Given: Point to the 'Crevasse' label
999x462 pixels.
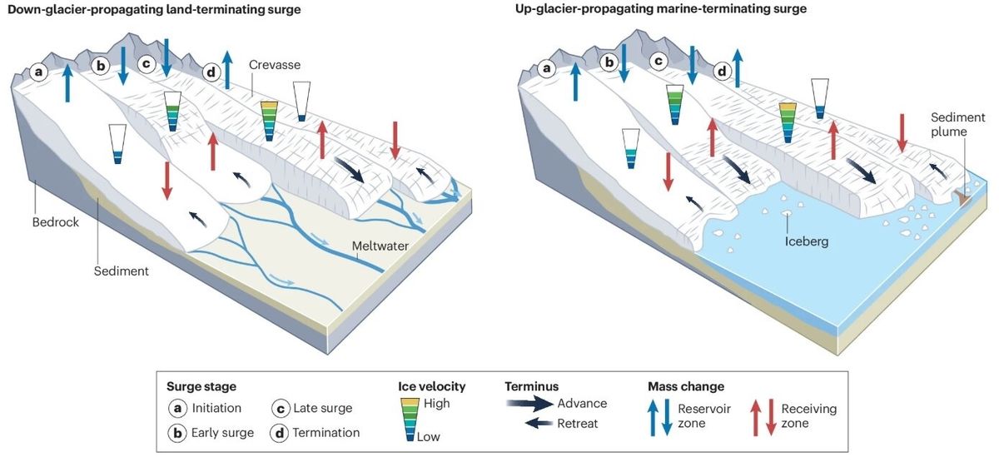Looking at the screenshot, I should click(x=276, y=64).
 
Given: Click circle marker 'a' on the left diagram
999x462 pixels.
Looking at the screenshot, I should click(x=38, y=72).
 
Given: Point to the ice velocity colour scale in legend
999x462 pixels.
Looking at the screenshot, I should click(x=410, y=420).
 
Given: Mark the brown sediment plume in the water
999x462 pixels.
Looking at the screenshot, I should click(x=962, y=196).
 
